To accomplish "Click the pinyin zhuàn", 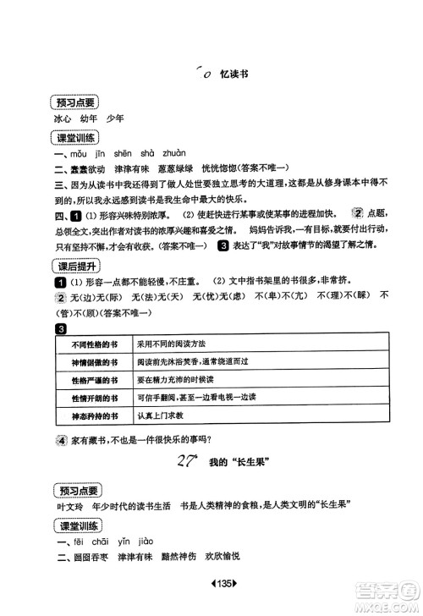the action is pos(173,156).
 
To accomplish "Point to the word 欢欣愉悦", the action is pos(222,555).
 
